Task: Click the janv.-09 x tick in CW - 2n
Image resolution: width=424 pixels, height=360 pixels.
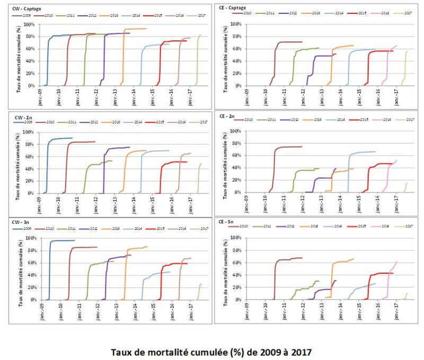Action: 42,204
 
